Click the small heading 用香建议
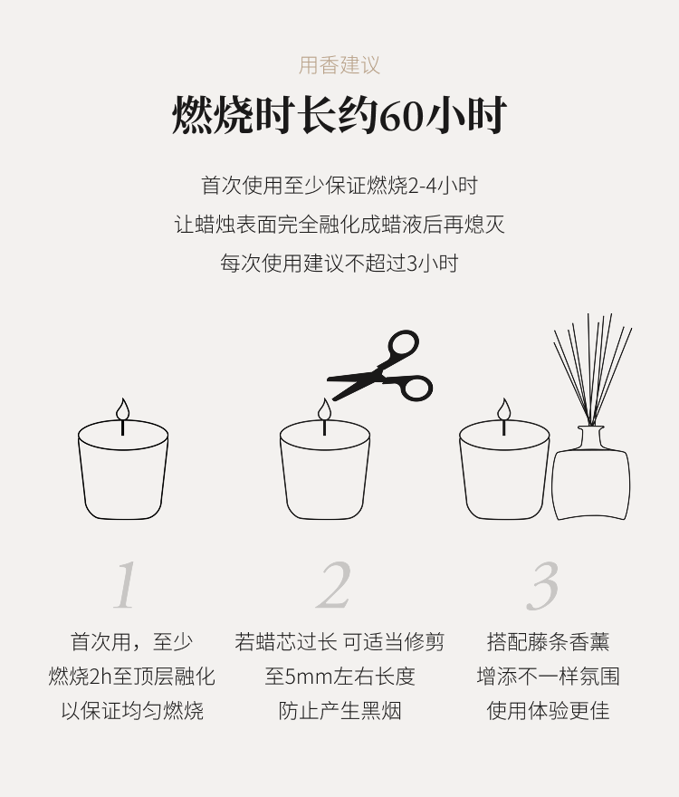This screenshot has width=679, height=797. coord(339,65)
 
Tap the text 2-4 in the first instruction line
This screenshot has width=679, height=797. coord(422,186)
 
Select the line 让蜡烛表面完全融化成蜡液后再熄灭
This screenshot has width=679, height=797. coord(339,225)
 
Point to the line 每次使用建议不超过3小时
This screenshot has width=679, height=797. coord(339,264)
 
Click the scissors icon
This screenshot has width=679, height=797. coord(380,366)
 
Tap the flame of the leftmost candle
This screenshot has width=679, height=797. coord(122,409)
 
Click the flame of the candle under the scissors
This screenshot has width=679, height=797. coord(324,409)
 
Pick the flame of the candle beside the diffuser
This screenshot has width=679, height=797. coord(503,409)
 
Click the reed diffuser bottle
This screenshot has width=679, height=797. coord(591,473)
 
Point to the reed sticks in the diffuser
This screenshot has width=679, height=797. coord(593,370)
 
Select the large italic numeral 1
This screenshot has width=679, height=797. coord(125,585)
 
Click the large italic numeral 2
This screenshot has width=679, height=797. coord(334,585)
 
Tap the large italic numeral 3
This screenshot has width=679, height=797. coord(543,585)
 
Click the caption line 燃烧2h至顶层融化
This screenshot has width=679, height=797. coord(132,677)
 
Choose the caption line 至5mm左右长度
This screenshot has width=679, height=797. coord(339,677)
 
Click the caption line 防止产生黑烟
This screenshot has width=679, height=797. coord(339,711)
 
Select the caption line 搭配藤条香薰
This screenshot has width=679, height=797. coord(548,642)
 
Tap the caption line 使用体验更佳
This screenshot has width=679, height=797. coord(548,711)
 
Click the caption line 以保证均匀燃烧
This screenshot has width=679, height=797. coord(132,711)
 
